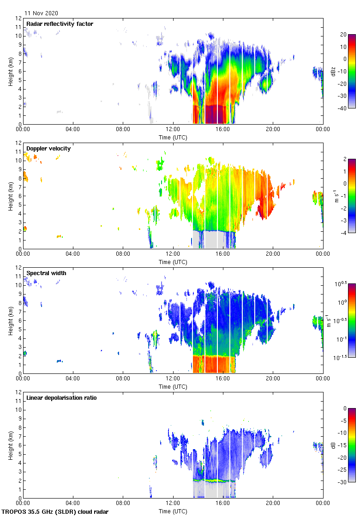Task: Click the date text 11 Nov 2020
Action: (41, 13)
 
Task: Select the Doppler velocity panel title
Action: (48, 148)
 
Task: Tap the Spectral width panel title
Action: (46, 273)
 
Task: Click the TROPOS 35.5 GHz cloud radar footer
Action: (55, 512)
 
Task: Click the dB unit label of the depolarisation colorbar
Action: (333, 445)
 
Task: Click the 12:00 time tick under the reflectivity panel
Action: (173, 130)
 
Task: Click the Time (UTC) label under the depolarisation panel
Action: (173, 511)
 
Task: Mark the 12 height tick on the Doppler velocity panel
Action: (18, 143)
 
